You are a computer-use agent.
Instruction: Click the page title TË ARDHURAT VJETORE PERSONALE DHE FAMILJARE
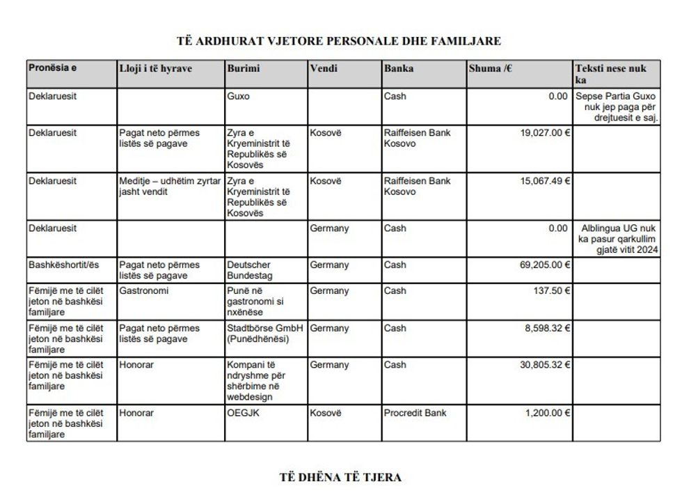tap(340, 41)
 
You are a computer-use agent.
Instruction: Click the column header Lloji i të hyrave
tap(155, 68)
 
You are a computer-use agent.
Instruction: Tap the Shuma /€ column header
tap(490, 68)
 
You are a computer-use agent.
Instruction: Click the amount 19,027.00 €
tap(545, 133)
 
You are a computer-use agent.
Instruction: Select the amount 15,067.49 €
tap(545, 181)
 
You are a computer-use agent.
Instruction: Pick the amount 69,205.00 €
tap(545, 265)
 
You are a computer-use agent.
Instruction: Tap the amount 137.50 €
tap(551, 291)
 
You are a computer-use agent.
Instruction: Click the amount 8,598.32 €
tap(548, 328)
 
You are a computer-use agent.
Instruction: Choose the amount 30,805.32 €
tap(545, 365)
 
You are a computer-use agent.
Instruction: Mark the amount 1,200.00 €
tap(548, 413)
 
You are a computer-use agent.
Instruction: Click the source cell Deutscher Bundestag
tap(249, 270)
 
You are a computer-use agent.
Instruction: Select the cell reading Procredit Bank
tap(416, 413)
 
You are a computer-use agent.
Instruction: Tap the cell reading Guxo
tap(238, 96)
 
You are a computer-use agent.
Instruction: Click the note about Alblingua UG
tap(620, 239)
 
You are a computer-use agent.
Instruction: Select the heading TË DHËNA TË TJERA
tap(340, 478)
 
